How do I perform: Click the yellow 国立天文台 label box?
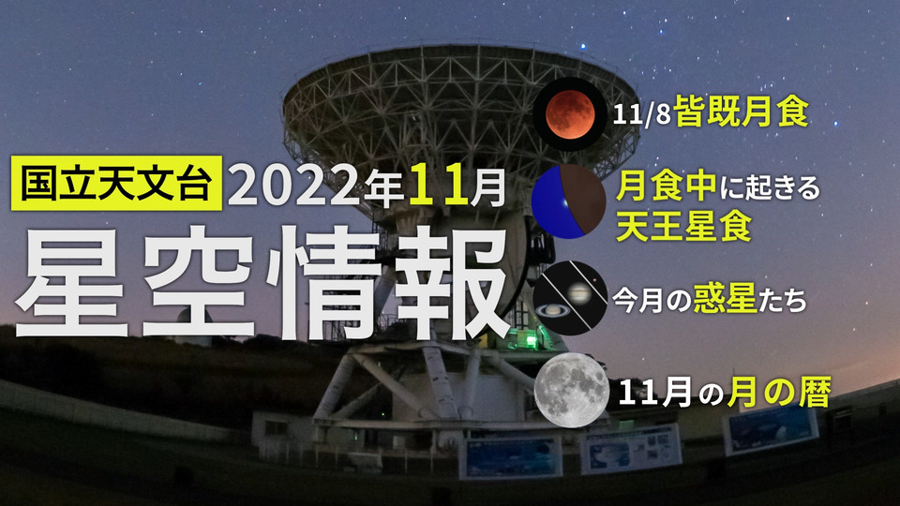[x=116, y=183]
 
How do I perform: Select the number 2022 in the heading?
[x=295, y=187]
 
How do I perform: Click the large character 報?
[x=448, y=280]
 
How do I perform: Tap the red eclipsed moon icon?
[x=569, y=114]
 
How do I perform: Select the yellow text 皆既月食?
[x=741, y=112]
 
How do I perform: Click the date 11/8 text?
[x=641, y=113]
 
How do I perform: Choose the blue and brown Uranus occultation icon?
[x=569, y=202]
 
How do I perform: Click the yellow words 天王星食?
[x=683, y=226]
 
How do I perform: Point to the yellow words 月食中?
[x=666, y=186]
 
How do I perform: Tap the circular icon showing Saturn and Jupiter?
[x=570, y=298]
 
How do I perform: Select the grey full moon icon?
[x=572, y=391]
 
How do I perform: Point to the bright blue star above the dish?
[x=584, y=46]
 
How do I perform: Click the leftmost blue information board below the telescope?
[x=510, y=456]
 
